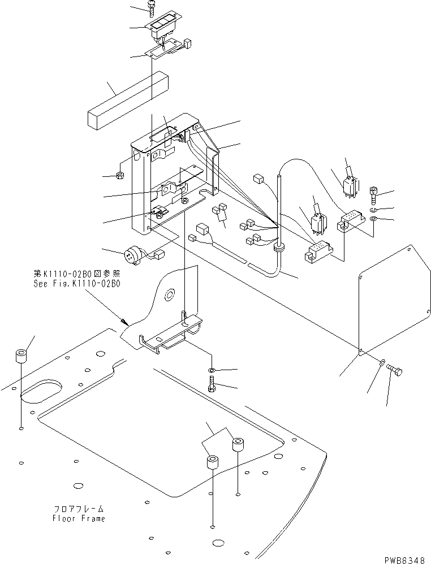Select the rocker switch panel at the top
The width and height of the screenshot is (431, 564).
coord(162,25)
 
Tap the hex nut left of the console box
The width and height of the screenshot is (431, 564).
coord(120,176)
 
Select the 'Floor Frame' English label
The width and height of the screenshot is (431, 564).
coord(79,518)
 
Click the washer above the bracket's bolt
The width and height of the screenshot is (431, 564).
coord(211,370)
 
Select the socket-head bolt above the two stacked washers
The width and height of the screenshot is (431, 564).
coord(374,196)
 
